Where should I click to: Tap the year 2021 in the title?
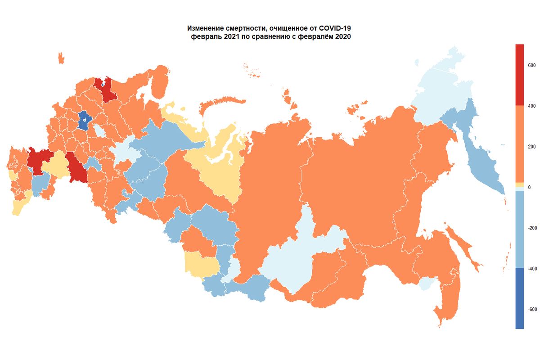(227, 37)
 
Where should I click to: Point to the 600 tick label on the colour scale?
(531, 65)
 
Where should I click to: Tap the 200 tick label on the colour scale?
(531, 147)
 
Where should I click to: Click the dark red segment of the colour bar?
(519, 74)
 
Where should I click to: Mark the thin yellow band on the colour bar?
(519, 185)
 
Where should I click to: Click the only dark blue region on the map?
(84, 120)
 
